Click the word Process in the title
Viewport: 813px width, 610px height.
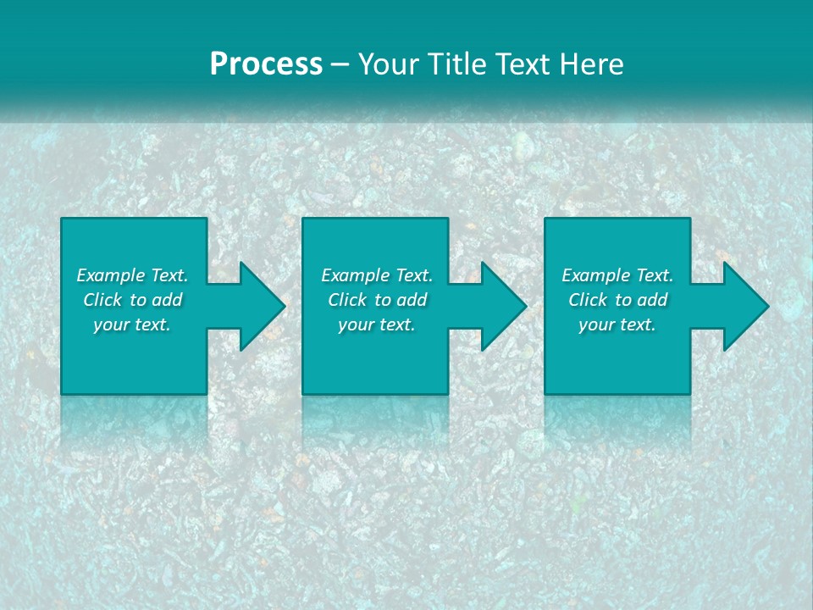tap(266, 64)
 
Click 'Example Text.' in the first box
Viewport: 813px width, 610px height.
tap(132, 275)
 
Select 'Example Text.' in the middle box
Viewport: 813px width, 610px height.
tap(377, 275)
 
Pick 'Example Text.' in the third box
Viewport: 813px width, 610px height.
tap(617, 275)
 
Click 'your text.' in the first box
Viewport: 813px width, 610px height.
tap(132, 324)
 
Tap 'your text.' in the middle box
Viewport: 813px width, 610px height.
tap(377, 324)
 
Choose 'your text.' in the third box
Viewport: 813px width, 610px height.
tap(617, 324)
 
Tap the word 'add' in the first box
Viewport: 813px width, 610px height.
tap(167, 300)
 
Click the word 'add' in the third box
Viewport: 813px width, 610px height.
tap(652, 300)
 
